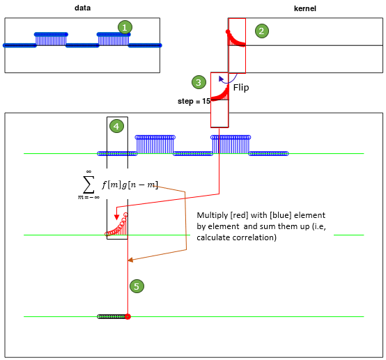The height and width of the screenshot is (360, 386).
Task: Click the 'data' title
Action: [x=82, y=8]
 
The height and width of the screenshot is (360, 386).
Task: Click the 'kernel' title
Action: [x=305, y=8]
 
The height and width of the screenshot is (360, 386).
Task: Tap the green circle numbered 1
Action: [x=125, y=27]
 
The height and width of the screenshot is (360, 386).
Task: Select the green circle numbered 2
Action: [x=262, y=31]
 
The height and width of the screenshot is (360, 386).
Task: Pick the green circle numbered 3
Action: [x=199, y=82]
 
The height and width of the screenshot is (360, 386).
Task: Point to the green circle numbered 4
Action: [x=116, y=126]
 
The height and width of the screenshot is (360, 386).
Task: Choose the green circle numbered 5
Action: [x=137, y=286]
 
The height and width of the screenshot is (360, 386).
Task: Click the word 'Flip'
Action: [x=241, y=88]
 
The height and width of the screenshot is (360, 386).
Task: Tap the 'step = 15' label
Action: [x=194, y=101]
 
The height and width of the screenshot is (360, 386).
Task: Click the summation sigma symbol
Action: [x=88, y=185]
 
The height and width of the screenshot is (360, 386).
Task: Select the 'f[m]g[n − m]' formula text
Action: [x=130, y=185]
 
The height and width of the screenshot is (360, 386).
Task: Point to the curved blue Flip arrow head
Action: [x=221, y=79]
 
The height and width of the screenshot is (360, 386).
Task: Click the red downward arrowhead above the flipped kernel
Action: [x=116, y=217]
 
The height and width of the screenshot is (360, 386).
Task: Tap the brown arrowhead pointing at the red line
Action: [x=130, y=260]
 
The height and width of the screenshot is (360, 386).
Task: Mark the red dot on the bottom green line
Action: [x=128, y=317]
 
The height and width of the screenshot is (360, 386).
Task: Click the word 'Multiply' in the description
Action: [x=213, y=216]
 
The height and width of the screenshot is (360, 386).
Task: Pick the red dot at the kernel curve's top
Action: [x=228, y=32]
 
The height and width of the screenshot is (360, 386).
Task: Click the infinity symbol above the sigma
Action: [x=88, y=171]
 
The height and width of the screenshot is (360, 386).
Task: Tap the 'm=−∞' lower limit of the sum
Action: [x=88, y=197]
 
